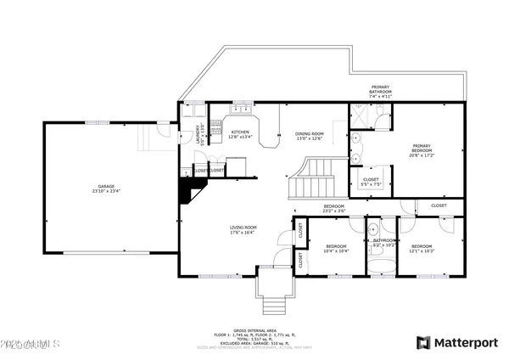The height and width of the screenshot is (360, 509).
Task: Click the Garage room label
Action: click(105, 188)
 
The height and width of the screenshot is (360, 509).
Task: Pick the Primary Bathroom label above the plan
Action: click(379, 90)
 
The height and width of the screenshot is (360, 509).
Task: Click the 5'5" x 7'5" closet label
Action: click(371, 182)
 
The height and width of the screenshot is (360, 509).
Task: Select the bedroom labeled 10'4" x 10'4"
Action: click(336, 250)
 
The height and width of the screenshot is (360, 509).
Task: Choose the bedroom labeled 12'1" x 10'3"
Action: click(422, 250)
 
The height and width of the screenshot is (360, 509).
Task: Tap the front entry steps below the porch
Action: click(271, 304)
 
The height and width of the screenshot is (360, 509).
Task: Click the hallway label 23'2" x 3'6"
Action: click(333, 208)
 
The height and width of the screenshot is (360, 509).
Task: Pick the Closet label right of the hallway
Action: click(439, 205)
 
